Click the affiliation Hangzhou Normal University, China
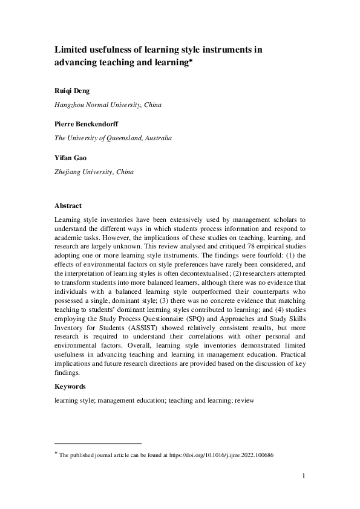(x=108, y=105)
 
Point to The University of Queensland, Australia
(x=113, y=138)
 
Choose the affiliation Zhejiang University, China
(x=94, y=172)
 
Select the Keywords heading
(x=70, y=386)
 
